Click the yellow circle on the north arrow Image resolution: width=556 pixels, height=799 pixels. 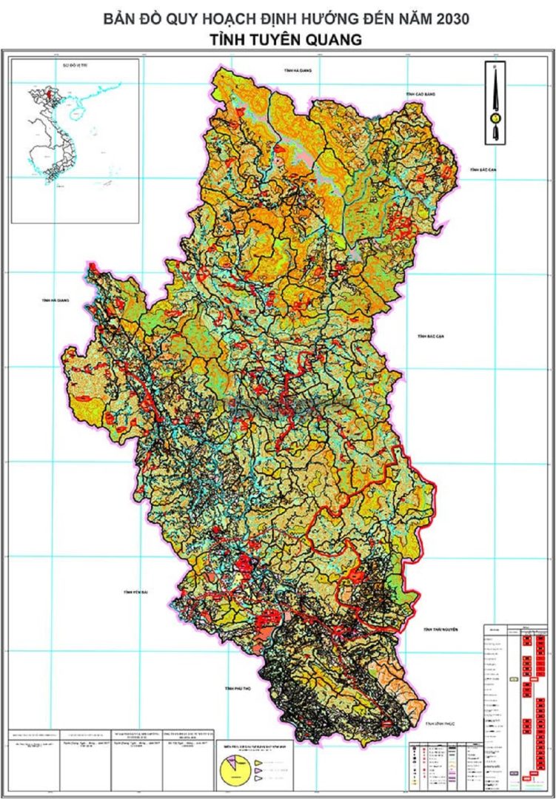click(x=493, y=117)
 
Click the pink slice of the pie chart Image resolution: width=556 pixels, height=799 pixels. click(x=241, y=763)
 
